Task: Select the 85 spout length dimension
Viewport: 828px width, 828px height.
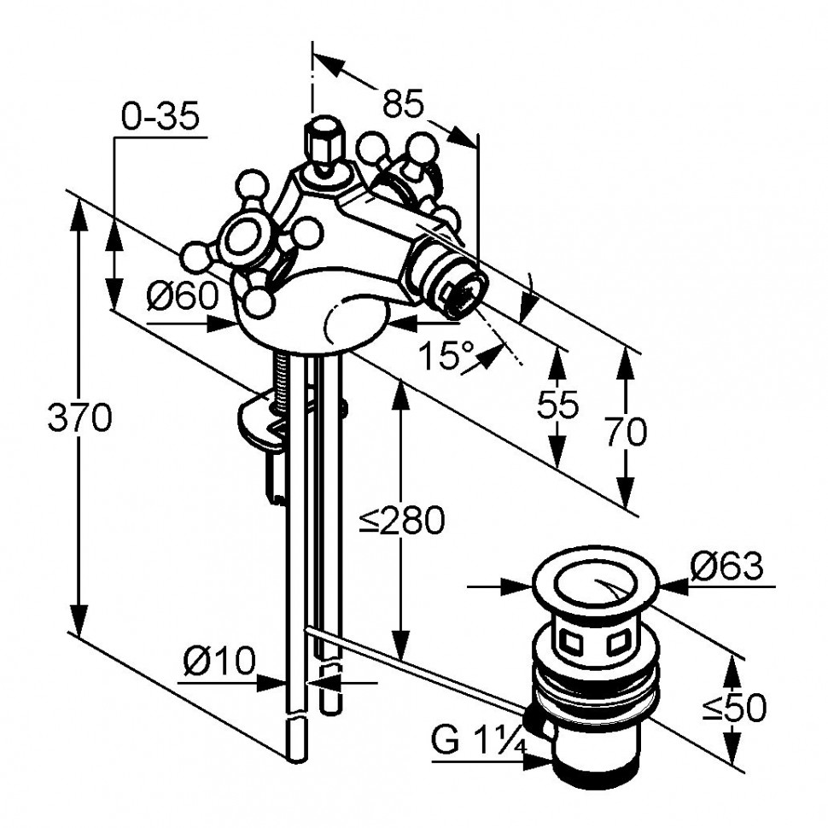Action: (x=403, y=103)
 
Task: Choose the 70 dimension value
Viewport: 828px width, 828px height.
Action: (x=626, y=432)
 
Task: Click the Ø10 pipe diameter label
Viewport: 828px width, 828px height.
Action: (x=219, y=660)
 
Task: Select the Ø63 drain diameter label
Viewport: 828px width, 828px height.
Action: (x=726, y=566)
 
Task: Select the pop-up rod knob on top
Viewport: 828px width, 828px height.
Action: (x=320, y=137)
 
